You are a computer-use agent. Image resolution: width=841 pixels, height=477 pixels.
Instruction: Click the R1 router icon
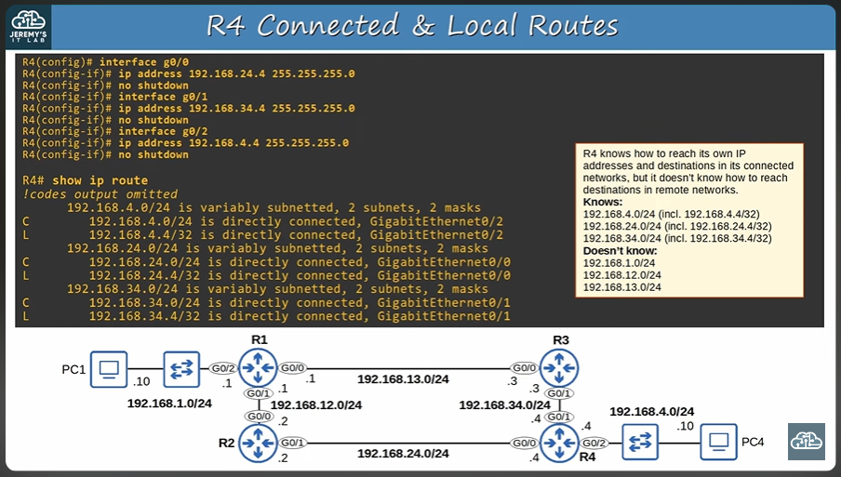pyautogui.click(x=258, y=369)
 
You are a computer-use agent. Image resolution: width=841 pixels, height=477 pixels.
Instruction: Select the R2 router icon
pyautogui.click(x=258, y=444)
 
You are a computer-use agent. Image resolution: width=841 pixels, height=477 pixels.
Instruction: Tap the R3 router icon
pyautogui.click(x=559, y=369)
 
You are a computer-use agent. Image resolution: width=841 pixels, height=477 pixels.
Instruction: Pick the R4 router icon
pyautogui.click(x=559, y=444)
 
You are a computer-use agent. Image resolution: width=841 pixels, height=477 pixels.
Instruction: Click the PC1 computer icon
pyautogui.click(x=109, y=369)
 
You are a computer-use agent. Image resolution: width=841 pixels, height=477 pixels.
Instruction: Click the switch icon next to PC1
pyautogui.click(x=178, y=369)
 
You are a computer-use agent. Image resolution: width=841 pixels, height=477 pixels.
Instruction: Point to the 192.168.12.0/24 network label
pyautogui.click(x=316, y=404)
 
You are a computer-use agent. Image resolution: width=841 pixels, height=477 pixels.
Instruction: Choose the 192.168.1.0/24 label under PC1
pyautogui.click(x=170, y=404)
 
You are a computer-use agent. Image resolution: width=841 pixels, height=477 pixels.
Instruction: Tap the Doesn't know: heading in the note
pyautogui.click(x=620, y=251)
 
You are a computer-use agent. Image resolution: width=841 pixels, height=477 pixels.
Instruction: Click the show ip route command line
pyautogui.click(x=85, y=179)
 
